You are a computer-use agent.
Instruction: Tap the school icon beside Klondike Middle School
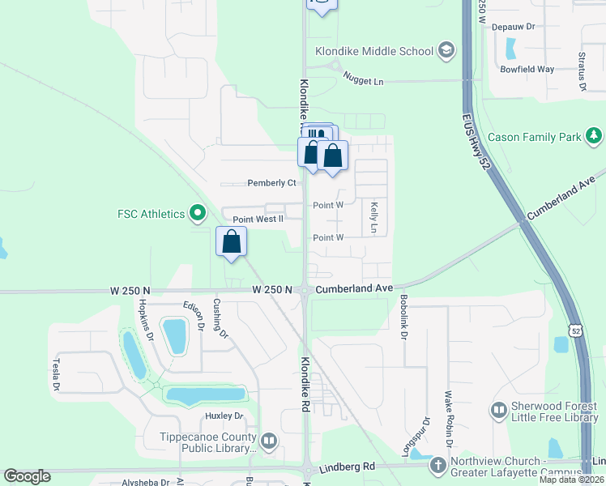pos(445,51)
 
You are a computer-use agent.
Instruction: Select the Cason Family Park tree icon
pos(595,136)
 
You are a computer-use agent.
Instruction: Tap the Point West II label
pos(258,220)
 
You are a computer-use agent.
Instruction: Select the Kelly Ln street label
pos(374,218)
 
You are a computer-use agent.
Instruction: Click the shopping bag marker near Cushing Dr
pos(232,241)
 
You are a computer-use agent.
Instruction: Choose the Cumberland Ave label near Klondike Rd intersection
pos(354,288)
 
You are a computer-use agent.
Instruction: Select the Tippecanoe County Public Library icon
pos(269,441)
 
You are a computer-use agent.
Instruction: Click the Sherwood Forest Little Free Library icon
pos(498,412)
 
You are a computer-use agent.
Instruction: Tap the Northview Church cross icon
pos(437,465)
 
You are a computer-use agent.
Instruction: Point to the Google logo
pos(27,476)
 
